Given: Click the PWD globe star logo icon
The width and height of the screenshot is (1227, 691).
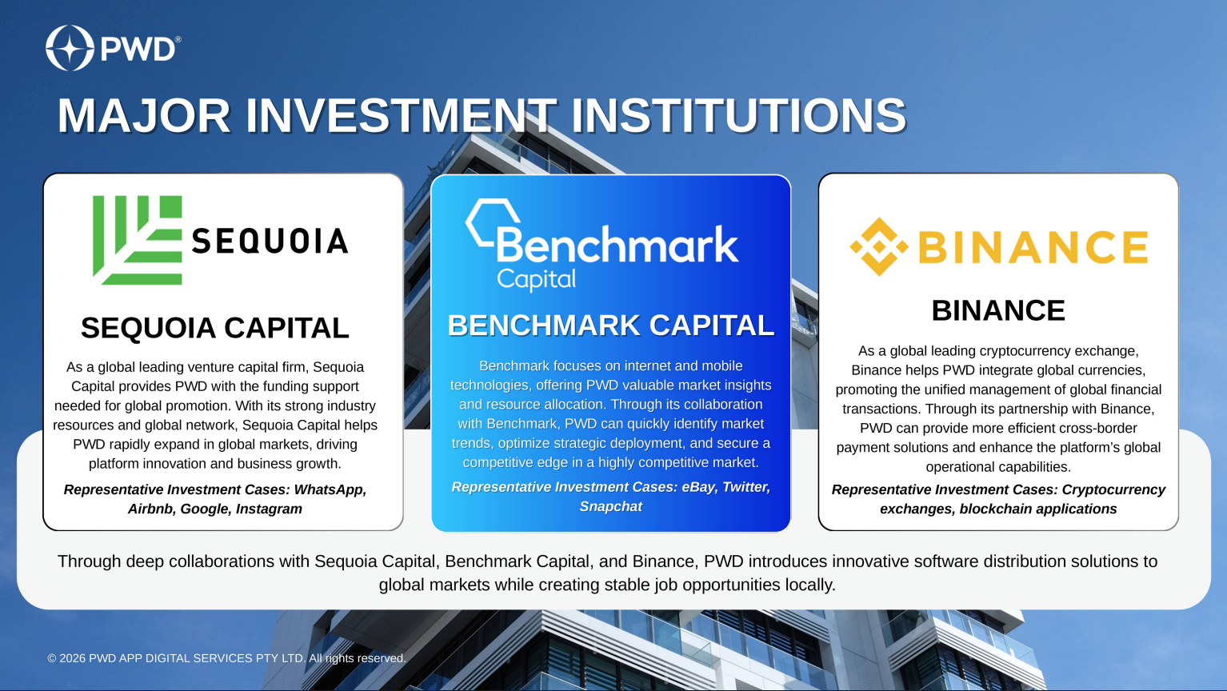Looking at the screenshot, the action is coord(70,48).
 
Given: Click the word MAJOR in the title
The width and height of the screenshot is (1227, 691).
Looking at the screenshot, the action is coord(144,115).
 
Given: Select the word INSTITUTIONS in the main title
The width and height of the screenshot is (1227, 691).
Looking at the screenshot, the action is coord(738,115).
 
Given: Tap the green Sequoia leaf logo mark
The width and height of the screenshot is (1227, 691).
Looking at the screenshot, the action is coord(138,241).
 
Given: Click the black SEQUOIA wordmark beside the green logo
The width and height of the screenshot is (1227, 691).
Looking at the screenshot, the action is coord(270,242).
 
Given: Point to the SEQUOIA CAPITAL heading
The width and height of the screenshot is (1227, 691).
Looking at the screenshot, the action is coord(214,328).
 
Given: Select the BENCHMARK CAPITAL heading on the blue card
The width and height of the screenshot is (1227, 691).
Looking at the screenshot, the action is coord(611,326).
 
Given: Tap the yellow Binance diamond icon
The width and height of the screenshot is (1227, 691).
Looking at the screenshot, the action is coord(879,247).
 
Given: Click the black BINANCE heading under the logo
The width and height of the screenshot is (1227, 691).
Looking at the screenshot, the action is coord(998,310).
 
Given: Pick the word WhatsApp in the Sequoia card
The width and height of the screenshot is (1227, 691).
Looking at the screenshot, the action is coord(330,489).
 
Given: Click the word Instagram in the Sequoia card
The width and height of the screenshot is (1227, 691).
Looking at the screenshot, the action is coord(269,509).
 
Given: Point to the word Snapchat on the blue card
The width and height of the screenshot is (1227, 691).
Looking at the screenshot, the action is coord(611,506).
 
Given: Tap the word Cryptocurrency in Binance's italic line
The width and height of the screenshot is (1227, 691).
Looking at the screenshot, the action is coord(1113,489).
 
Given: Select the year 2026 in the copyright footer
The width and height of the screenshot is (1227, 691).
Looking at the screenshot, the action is coord(72,658).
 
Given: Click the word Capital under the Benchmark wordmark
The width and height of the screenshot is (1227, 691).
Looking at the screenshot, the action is coord(536,280).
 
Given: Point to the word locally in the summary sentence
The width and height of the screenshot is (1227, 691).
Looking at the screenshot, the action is coord(810,585).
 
